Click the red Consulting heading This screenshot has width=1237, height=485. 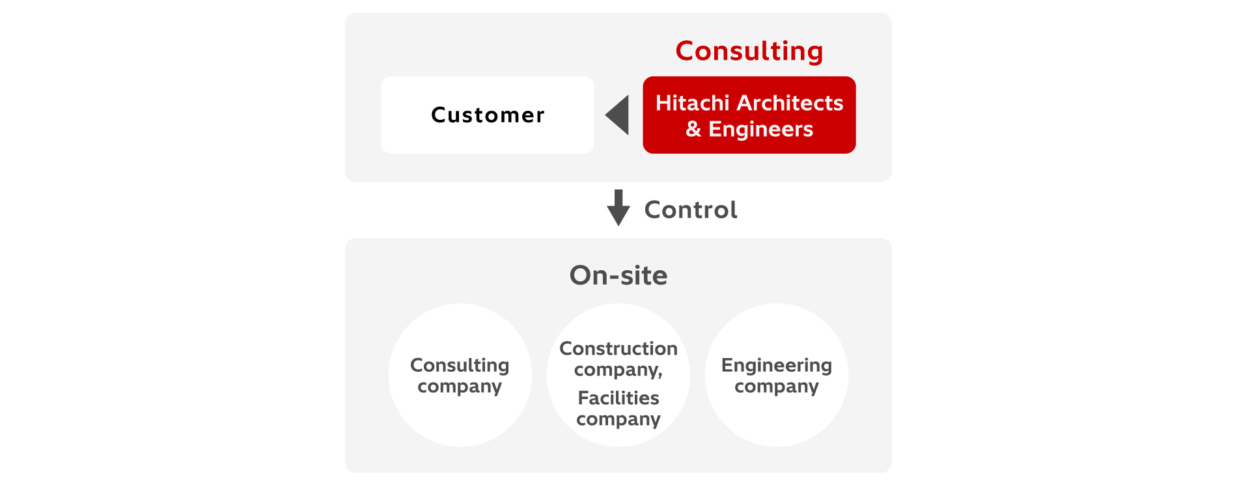749,51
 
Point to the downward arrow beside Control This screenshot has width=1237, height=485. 618,208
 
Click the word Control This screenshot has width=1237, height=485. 691,210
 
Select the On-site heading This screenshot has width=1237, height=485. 618,275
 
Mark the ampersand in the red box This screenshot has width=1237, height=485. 693,129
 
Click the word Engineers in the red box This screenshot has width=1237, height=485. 760,129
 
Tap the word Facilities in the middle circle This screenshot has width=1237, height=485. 618,398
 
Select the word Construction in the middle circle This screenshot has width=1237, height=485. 618,348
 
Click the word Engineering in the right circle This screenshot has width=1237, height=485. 776,365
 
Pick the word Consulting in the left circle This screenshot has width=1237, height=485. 460,365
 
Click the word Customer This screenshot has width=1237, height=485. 488,115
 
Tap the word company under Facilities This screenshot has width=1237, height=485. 618,419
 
